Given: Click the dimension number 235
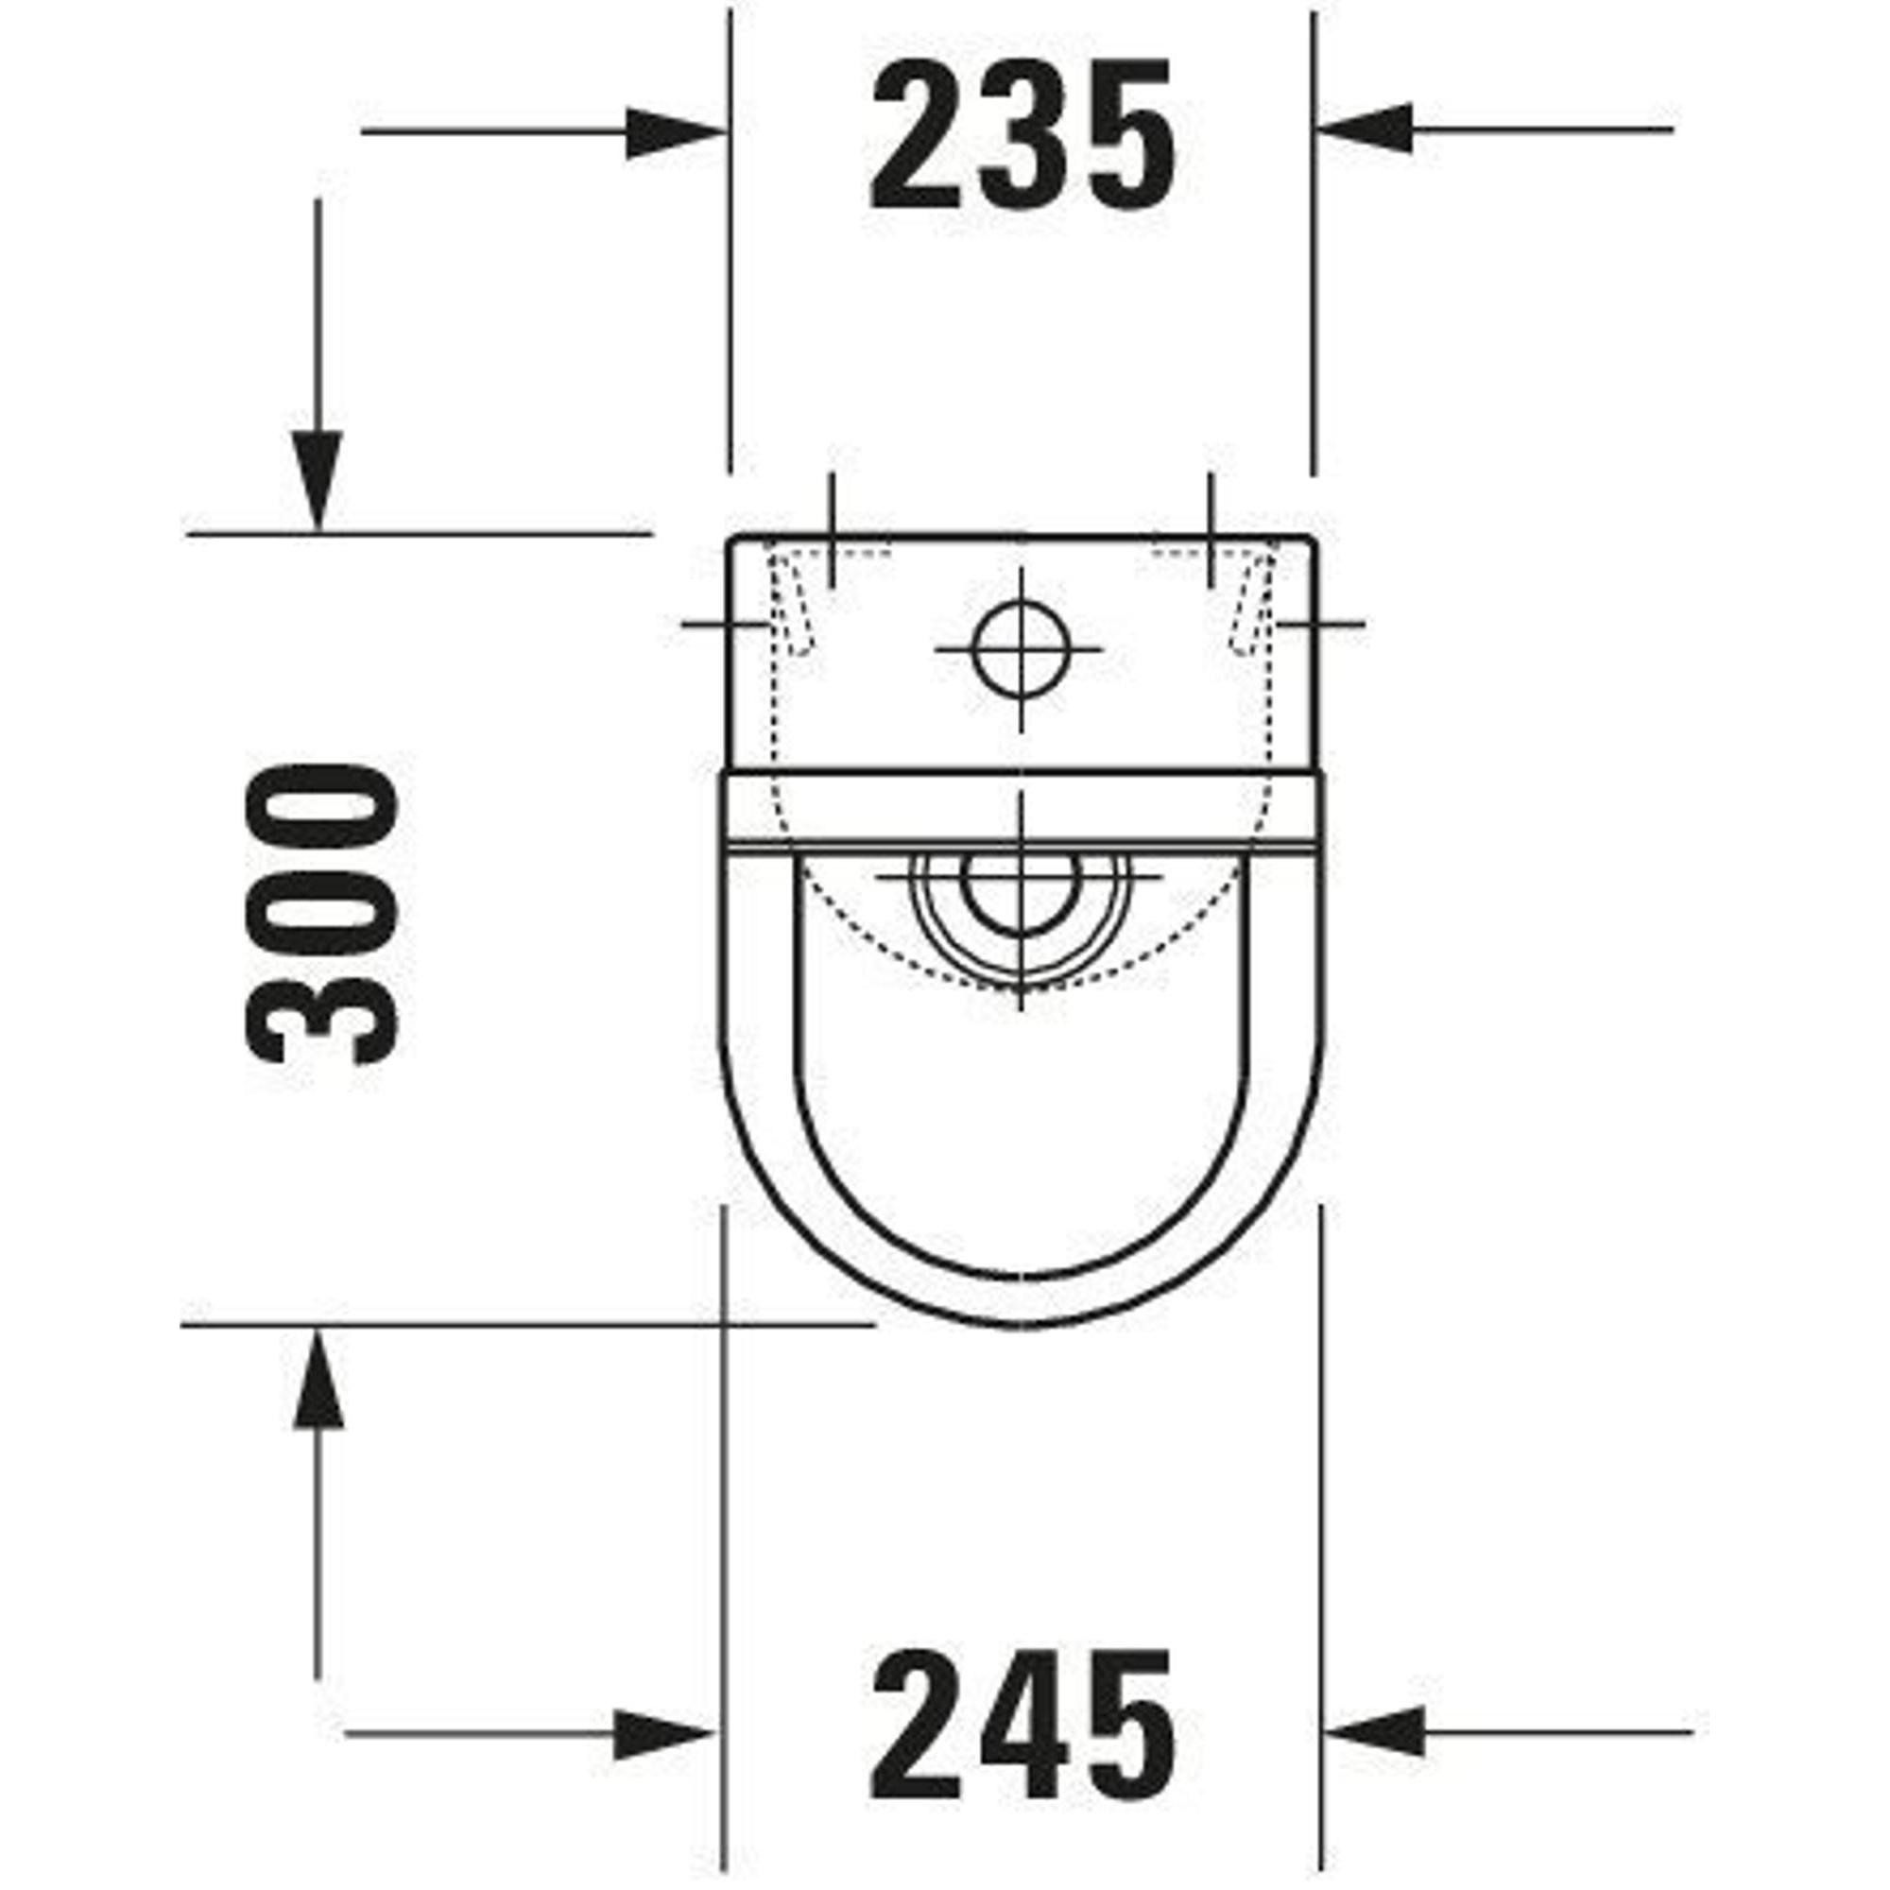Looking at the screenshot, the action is [1022, 137].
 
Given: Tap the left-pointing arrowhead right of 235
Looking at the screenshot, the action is [1365, 129].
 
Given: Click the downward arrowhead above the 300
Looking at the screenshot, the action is [318, 480].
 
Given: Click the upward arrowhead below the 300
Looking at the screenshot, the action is [318, 1377].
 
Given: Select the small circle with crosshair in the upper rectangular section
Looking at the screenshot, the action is [1020, 647].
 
